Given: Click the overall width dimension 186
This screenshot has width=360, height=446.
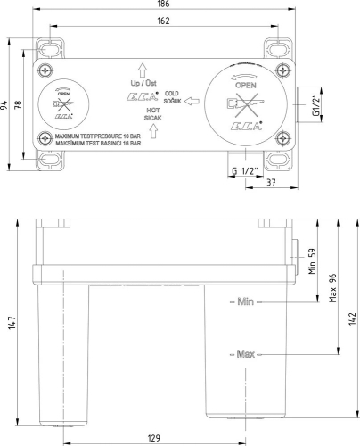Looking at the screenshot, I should click(167, 6).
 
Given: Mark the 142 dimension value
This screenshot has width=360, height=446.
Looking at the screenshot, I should click(352, 318).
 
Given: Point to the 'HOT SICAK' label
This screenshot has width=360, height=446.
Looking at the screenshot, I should click(151, 115).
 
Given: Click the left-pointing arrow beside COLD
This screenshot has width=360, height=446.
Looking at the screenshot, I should click(190, 104).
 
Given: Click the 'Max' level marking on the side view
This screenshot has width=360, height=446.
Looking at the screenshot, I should click(246, 354).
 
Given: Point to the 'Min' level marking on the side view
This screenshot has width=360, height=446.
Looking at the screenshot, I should click(246, 302).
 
